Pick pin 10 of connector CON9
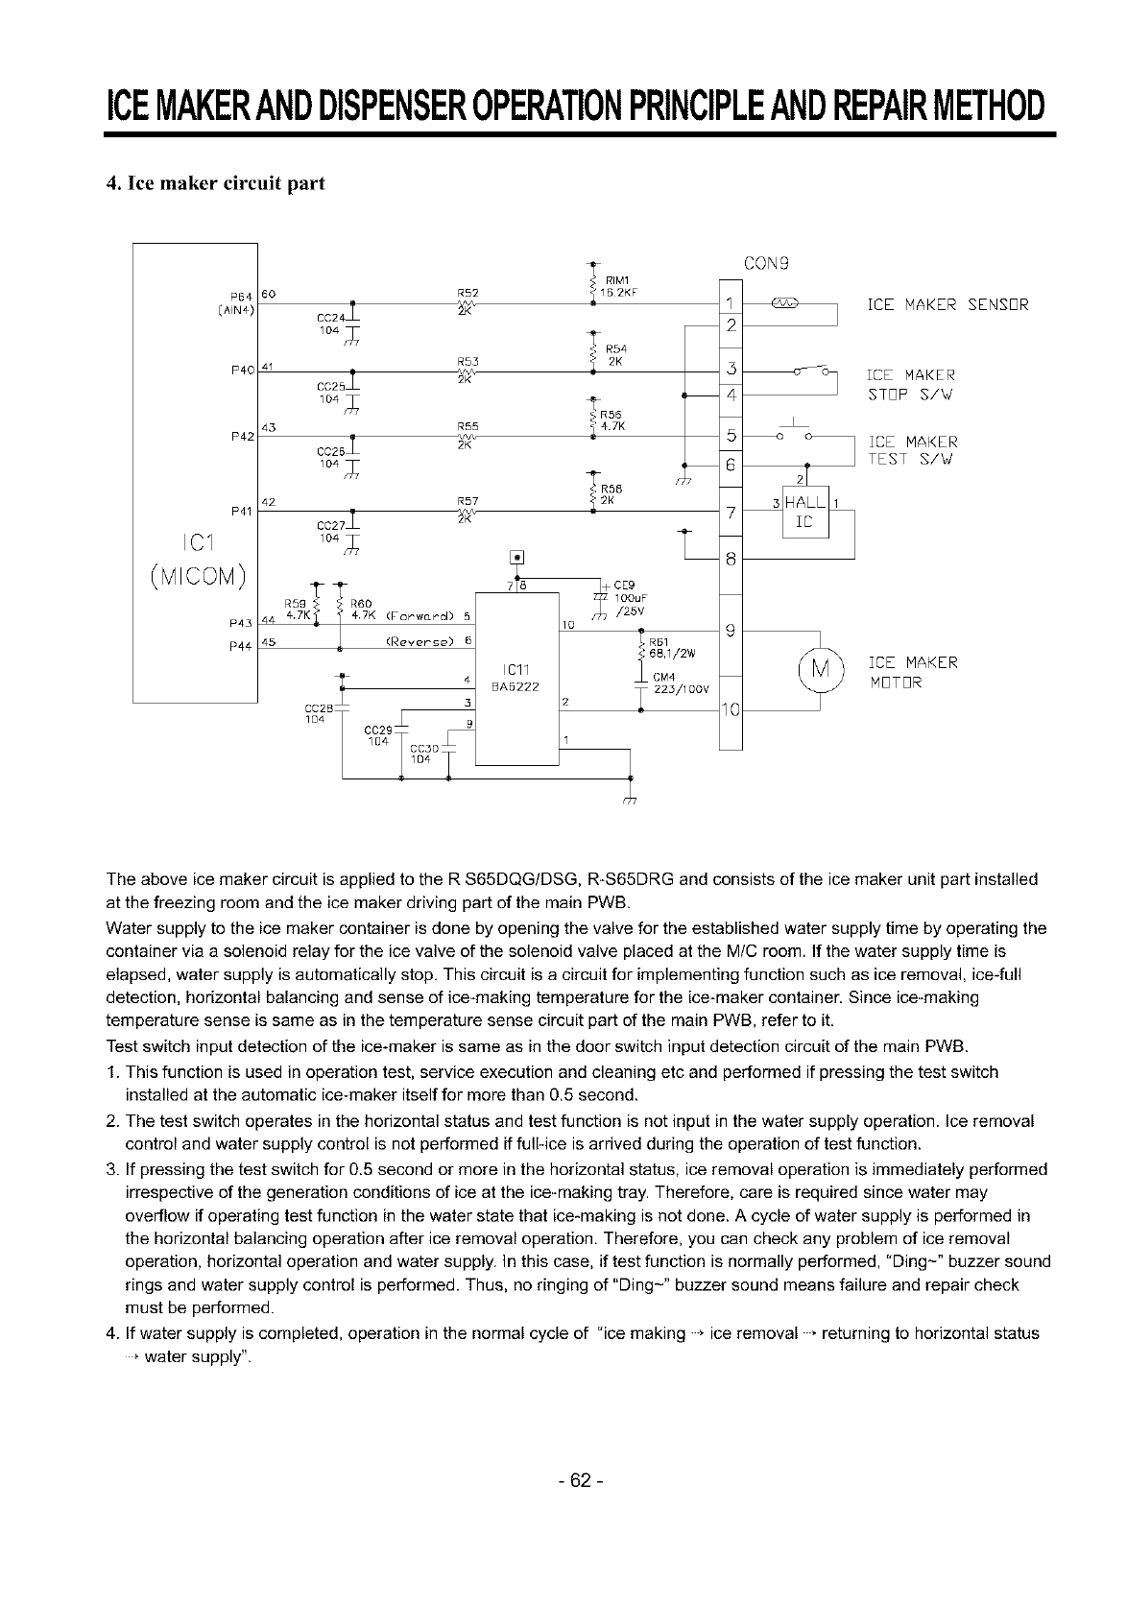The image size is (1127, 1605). pos(731,711)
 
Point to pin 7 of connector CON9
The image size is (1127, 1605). pos(731,514)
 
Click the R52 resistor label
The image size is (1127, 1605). pos(468,293)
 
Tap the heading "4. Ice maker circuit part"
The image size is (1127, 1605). pos(216,183)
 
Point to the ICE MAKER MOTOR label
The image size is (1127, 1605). pos(912,671)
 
